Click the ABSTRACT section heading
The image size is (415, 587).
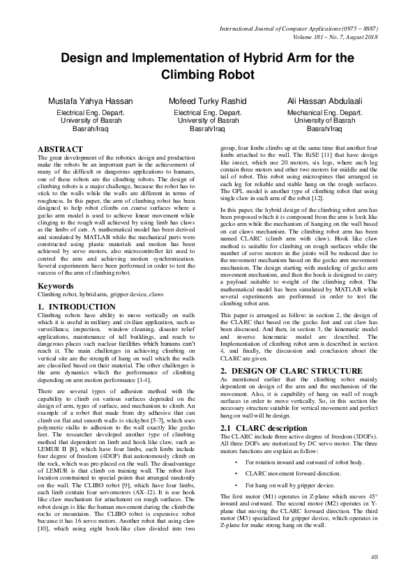pos(59,150)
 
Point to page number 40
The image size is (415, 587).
pos(374,556)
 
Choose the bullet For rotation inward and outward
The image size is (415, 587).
pos(290,462)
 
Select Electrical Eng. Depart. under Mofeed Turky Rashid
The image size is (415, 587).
pos(208,112)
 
